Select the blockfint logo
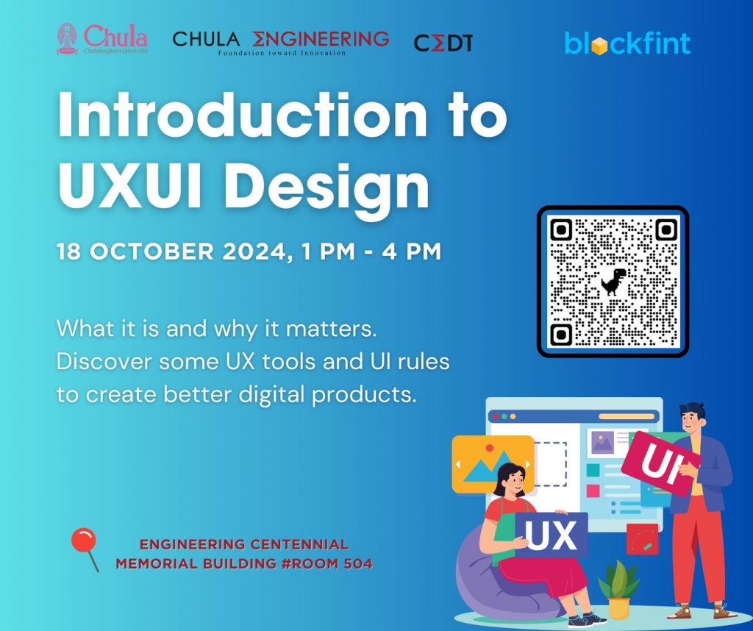tap(628, 43)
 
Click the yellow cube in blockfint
tap(599, 46)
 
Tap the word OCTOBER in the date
tap(151, 252)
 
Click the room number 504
tap(358, 563)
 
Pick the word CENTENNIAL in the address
tap(300, 544)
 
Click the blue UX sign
tap(551, 535)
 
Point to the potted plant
tap(618, 589)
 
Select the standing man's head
tap(693, 418)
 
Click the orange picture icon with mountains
tap(493, 464)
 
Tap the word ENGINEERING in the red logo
tap(321, 39)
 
